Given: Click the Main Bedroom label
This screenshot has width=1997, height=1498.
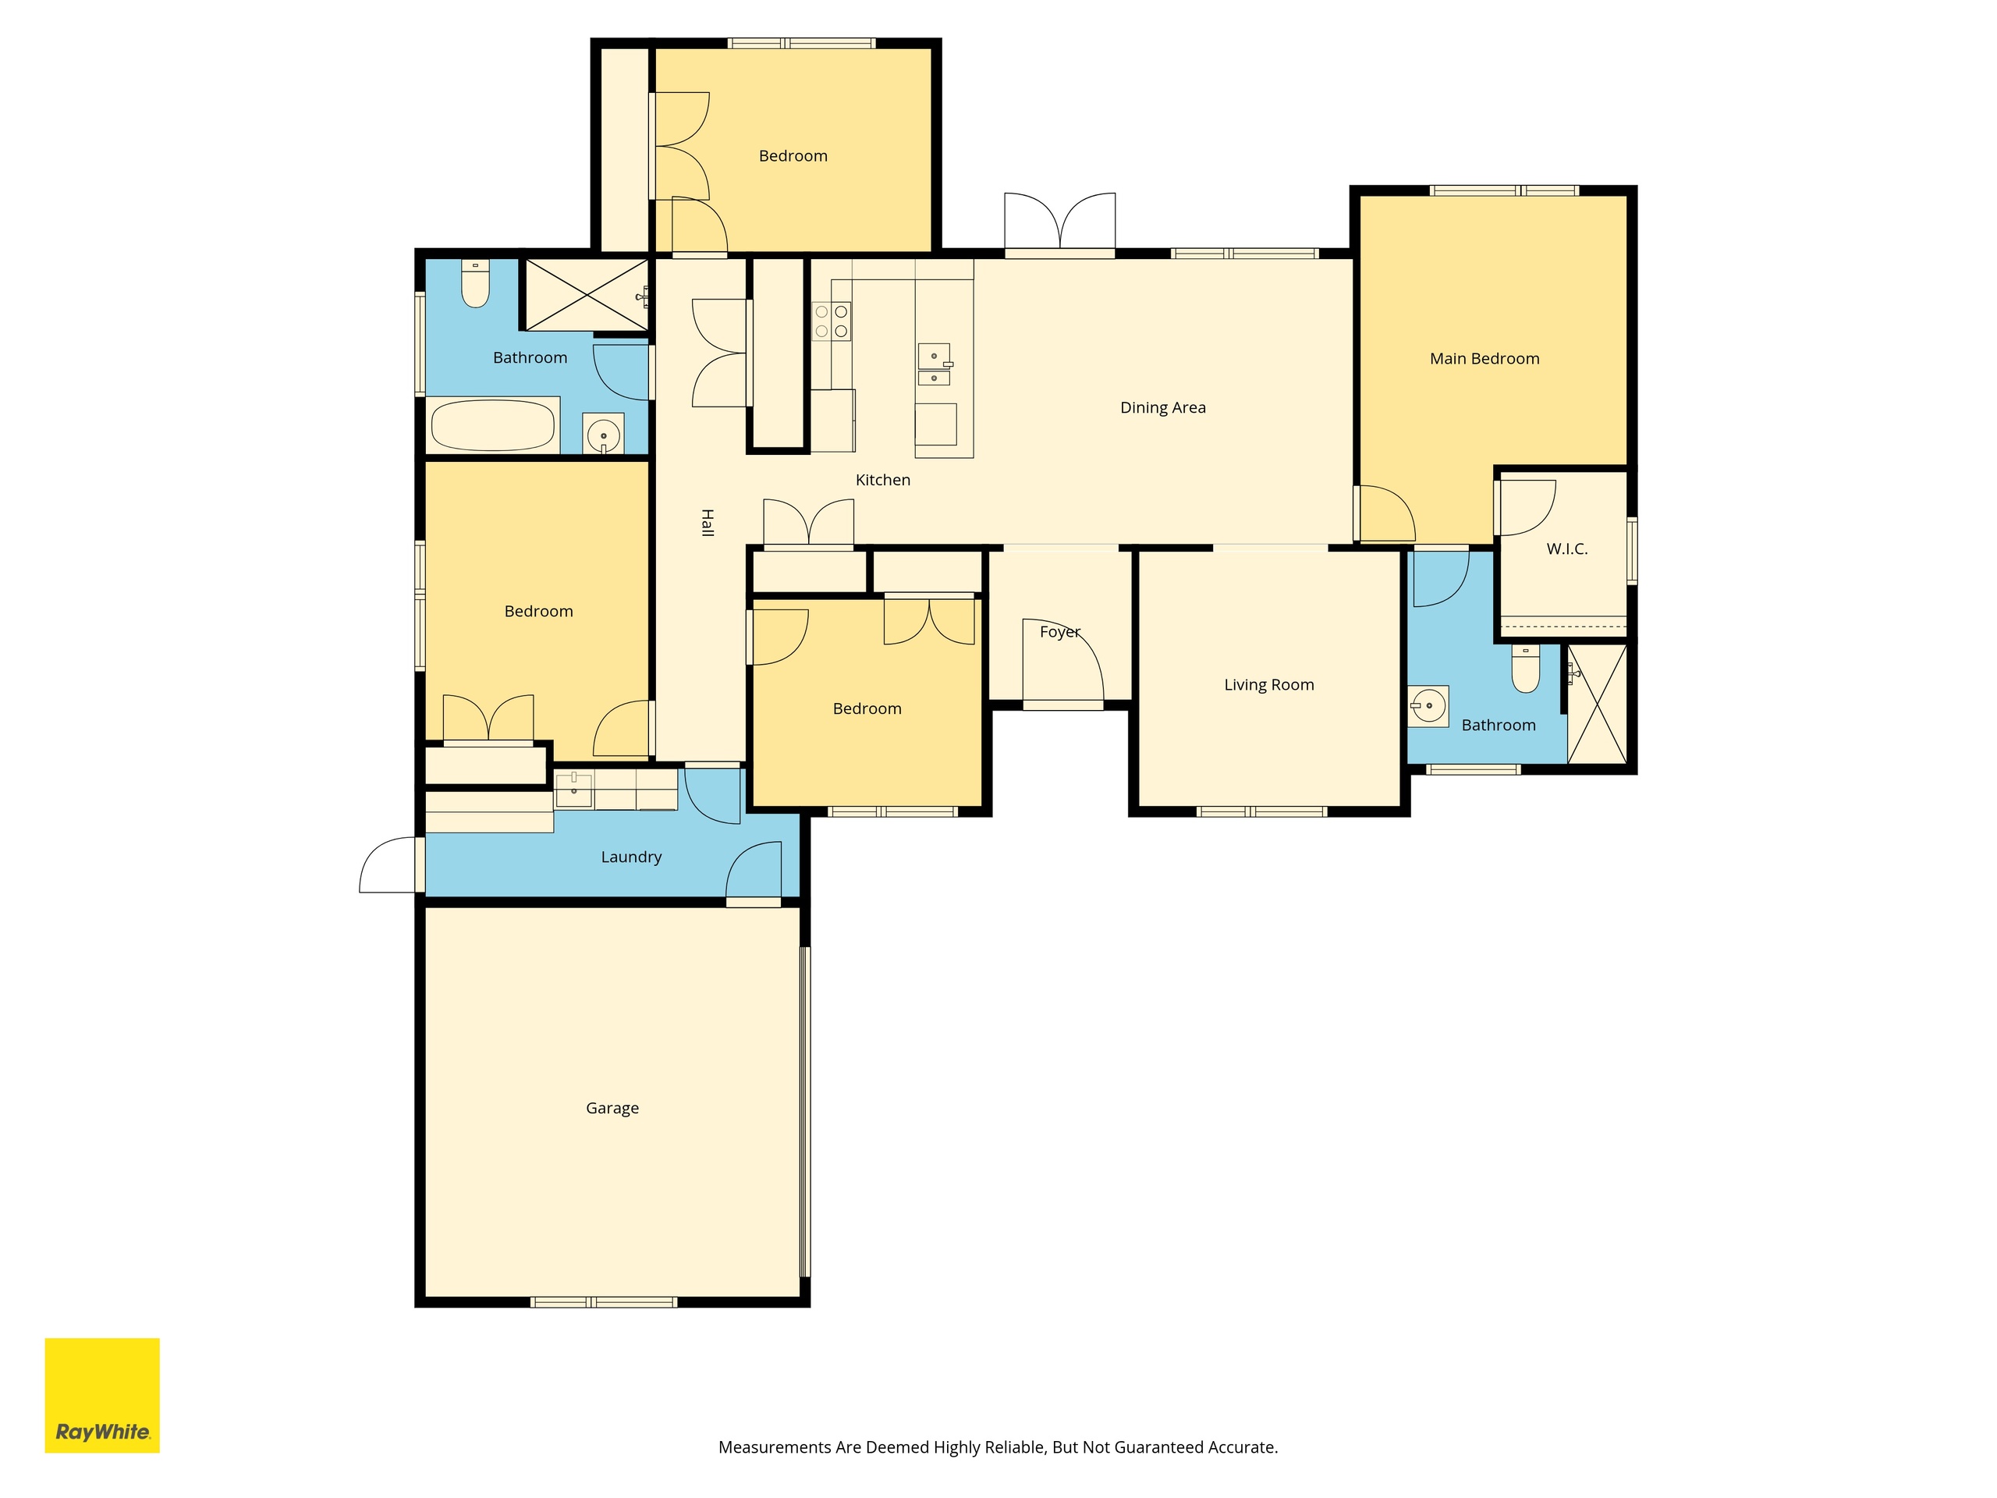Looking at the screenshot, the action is tap(1484, 358).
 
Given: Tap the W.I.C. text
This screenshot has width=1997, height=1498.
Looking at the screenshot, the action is tap(1566, 549).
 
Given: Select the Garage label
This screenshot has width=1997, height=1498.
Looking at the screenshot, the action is tap(612, 1108).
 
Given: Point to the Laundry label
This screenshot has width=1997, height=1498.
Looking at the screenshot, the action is tap(631, 857).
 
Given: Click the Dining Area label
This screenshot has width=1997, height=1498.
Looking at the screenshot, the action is tap(1163, 407).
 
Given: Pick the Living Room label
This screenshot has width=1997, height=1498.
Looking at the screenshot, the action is tap(1268, 684).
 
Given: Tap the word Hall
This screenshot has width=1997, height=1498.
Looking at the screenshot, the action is tap(708, 523).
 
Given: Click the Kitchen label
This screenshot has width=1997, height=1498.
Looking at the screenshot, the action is tap(883, 480).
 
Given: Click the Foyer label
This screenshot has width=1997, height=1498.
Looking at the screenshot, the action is tap(1060, 632).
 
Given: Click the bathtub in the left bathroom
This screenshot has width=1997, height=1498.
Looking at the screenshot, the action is tap(493, 425).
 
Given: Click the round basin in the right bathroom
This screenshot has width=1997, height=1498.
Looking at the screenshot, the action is tap(1428, 706).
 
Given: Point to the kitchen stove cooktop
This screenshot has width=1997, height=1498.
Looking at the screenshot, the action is tap(832, 321).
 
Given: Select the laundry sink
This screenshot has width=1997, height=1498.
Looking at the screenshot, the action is tap(573, 790).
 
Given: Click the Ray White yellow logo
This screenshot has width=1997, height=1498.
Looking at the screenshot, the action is tap(102, 1395).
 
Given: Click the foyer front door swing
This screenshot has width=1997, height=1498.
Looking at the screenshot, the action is tap(1062, 659).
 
